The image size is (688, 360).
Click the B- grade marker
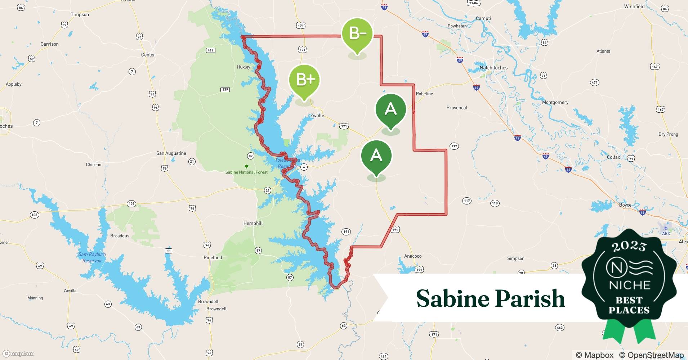click(x=357, y=34)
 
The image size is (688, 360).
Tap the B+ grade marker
click(x=304, y=80)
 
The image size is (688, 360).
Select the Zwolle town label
click(x=317, y=116)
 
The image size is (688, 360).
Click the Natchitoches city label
click(x=493, y=68)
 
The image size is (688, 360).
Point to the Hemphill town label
click(x=253, y=223)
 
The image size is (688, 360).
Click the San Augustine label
click(x=171, y=153)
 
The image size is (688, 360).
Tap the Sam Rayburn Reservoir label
click(x=92, y=257)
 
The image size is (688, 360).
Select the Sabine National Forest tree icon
click(x=246, y=166)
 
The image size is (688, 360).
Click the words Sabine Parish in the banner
click(x=490, y=298)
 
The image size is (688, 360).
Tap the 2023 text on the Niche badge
click(x=629, y=246)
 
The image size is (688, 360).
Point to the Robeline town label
click(x=424, y=94)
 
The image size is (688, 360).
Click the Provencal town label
click(x=456, y=108)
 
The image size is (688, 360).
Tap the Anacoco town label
click(x=412, y=256)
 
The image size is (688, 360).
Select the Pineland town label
click(x=213, y=257)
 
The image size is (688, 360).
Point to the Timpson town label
click(x=80, y=14)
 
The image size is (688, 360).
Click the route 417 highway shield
click(x=210, y=50)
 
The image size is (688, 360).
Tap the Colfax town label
click(x=613, y=157)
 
